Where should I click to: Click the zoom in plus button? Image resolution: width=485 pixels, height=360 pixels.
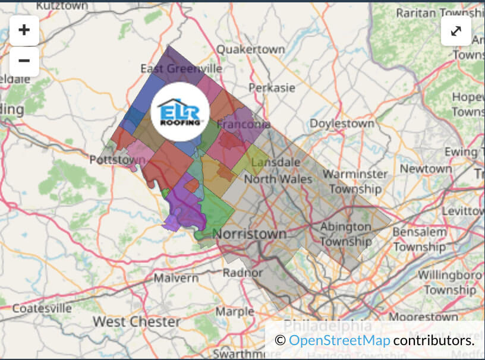(x=24, y=30)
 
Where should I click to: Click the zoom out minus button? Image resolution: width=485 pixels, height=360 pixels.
(x=24, y=61)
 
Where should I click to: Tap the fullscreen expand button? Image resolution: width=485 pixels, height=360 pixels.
(x=456, y=31)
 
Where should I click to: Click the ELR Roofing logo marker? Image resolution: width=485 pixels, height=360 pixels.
(x=180, y=112)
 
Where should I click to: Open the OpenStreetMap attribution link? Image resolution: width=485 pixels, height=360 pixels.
(x=339, y=340)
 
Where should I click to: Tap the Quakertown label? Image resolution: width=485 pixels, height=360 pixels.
(x=250, y=50)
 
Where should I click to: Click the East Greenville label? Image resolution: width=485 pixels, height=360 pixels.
(x=181, y=69)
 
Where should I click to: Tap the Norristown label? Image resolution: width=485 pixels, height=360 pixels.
(x=250, y=233)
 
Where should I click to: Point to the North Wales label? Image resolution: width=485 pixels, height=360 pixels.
(x=278, y=179)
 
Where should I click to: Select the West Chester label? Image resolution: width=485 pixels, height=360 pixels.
(x=136, y=322)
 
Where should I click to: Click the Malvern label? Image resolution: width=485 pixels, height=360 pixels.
(x=176, y=278)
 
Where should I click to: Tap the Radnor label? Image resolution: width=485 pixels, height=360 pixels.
(x=242, y=273)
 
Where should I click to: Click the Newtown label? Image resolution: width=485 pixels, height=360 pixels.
(x=426, y=169)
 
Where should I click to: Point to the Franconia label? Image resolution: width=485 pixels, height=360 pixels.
(x=244, y=125)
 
